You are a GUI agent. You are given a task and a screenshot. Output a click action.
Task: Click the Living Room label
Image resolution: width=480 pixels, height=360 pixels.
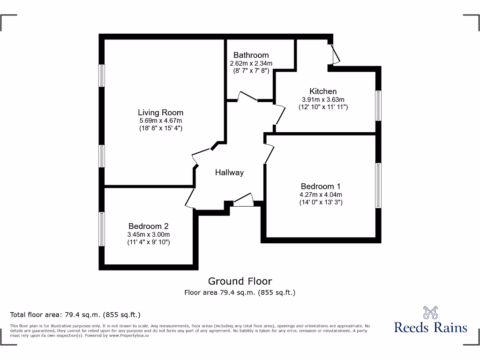click(160, 112)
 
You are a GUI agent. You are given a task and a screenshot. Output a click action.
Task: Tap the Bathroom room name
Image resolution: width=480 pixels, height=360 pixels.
click(251, 55)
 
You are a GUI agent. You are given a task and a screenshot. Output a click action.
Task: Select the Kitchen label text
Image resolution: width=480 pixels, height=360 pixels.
click(323, 91)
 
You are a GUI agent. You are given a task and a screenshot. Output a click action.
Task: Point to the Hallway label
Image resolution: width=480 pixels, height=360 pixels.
click(229, 172)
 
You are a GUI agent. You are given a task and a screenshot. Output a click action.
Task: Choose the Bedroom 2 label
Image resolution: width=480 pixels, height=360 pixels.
click(148, 226)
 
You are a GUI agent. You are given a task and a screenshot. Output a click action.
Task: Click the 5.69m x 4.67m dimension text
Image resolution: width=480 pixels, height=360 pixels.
click(160, 120)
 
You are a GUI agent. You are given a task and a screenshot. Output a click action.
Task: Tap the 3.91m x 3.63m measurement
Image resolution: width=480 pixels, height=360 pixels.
click(323, 99)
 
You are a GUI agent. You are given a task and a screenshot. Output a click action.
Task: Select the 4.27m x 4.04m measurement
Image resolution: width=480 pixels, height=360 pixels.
click(321, 195)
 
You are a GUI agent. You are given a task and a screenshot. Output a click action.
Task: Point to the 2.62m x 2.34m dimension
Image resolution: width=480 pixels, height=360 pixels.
click(251, 63)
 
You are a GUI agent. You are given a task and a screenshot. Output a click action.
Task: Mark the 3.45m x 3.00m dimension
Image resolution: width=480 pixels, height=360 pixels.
click(148, 234)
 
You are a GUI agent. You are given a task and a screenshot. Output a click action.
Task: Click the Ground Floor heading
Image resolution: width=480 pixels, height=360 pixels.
click(240, 281)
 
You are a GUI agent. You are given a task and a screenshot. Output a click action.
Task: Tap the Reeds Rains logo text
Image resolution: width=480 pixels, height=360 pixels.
click(430, 327)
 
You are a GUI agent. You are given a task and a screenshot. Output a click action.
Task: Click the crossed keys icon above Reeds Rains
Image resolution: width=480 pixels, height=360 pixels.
click(430, 312)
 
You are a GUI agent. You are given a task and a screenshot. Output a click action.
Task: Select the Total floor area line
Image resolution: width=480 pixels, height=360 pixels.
click(75, 315)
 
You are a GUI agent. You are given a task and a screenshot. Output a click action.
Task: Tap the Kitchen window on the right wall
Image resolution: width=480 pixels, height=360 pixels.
click(378, 105)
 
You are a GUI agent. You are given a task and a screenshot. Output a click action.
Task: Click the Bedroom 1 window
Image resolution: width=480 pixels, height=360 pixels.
click(377, 185)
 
